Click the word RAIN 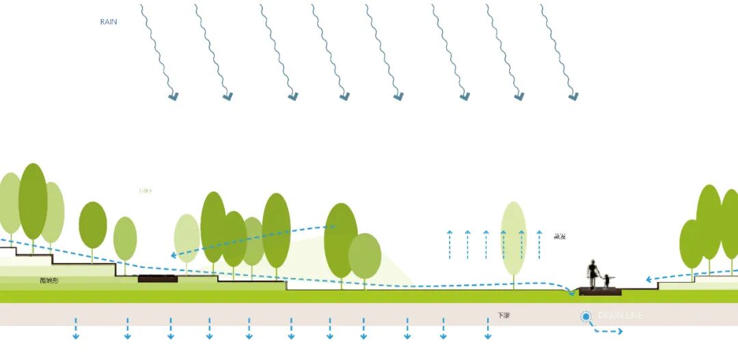(x=109, y=22)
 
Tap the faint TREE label (x=145, y=191)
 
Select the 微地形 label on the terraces (x=49, y=281)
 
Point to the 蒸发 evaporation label (x=560, y=236)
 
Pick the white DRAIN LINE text (x=620, y=316)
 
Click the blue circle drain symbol (x=586, y=316)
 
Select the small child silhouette (x=607, y=281)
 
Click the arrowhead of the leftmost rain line (x=173, y=97)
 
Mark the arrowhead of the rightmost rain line (x=573, y=97)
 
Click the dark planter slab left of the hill (x=158, y=279)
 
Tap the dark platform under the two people (x=601, y=292)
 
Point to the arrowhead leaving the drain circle (x=620, y=331)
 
